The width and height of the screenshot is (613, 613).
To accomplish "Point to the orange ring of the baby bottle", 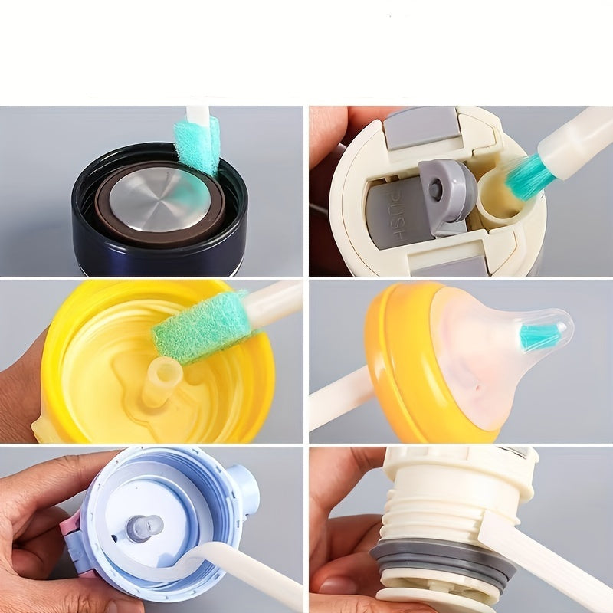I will coord(398,360).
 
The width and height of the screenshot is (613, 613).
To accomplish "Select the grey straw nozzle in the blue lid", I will coord(143,527).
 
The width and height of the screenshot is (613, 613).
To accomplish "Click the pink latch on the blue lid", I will coord(73,529).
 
